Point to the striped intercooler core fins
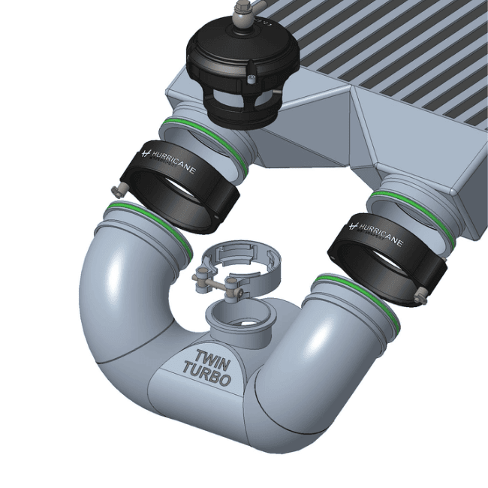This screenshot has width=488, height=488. (x=390, y=45)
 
